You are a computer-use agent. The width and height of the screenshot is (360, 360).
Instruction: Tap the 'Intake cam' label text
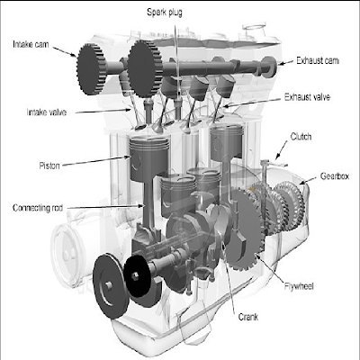31,42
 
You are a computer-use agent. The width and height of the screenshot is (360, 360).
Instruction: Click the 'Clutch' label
302,136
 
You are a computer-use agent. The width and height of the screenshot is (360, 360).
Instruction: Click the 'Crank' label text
248,316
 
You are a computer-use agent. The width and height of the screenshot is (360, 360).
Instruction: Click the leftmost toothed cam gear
95,62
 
